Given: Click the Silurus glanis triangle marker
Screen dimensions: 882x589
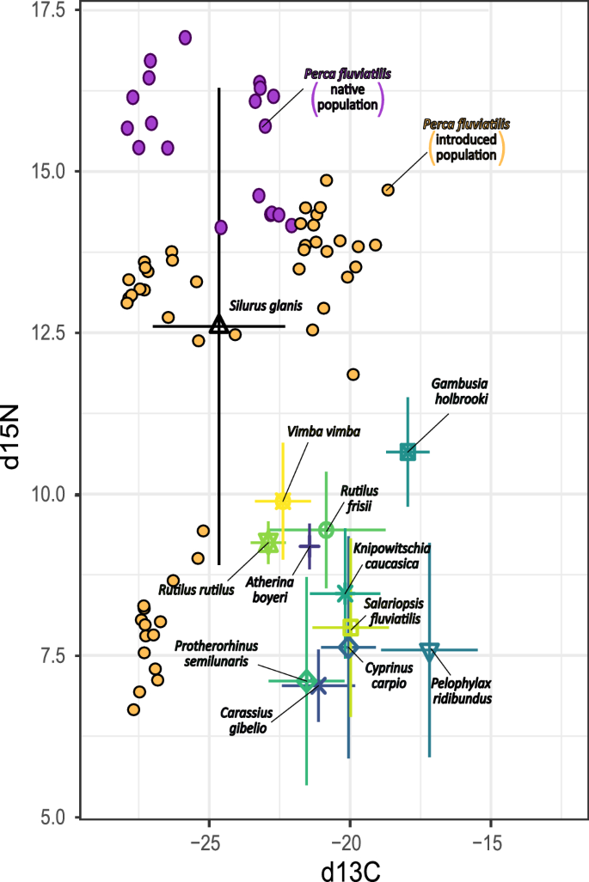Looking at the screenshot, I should [x=218, y=325].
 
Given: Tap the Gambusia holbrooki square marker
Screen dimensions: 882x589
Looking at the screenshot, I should [x=408, y=452].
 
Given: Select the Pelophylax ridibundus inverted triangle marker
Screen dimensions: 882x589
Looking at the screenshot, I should [x=430, y=650].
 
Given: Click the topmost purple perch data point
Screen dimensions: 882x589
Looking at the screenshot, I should [x=185, y=37].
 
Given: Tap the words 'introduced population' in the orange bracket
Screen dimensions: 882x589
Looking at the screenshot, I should [x=466, y=148].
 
